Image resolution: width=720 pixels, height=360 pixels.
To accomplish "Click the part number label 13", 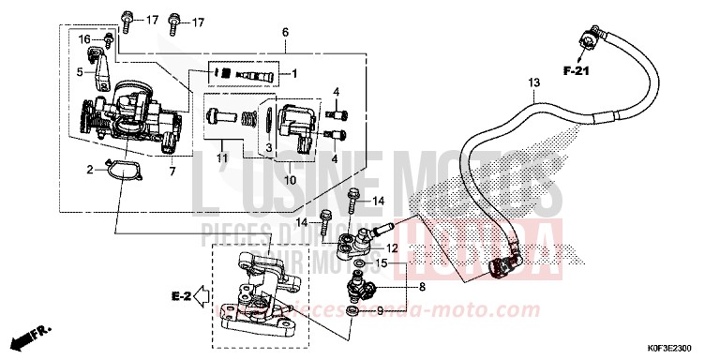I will [532, 83].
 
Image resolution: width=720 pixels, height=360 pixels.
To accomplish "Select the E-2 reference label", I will [182, 297].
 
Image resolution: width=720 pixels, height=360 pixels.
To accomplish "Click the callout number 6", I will [284, 33].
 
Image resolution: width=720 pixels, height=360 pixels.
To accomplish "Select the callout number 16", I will [83, 39].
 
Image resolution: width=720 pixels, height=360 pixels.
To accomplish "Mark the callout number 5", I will [81, 70].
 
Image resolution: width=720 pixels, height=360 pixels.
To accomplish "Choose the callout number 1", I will [292, 73].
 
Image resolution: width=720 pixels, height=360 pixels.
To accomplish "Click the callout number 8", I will [422, 287].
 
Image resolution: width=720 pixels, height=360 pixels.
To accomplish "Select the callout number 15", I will [380, 265].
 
